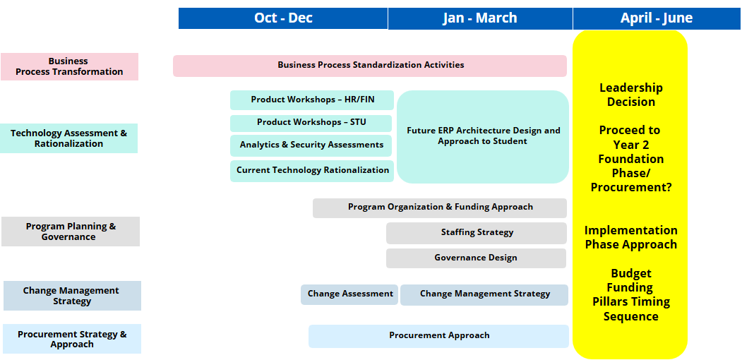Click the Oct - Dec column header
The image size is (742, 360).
pyautogui.click(x=283, y=18)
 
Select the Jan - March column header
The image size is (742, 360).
pyautogui.click(x=480, y=18)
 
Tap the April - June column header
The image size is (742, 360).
pyautogui.click(x=657, y=18)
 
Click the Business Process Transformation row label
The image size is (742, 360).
pyautogui.click(x=70, y=66)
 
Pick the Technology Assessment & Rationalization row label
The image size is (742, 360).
pyautogui.click(x=69, y=138)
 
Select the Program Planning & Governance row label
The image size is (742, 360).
pyautogui.click(x=71, y=232)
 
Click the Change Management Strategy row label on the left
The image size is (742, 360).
pyautogui.click(x=72, y=296)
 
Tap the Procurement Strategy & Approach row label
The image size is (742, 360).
pyautogui.click(x=72, y=339)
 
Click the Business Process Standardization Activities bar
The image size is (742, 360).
pyautogui.click(x=369, y=66)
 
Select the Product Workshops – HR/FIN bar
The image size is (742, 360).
pyautogui.click(x=312, y=100)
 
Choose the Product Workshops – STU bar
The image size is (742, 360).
pyautogui.click(x=311, y=123)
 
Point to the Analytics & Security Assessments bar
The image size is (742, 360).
pyautogui.click(x=311, y=145)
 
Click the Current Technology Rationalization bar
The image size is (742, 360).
pyautogui.click(x=312, y=171)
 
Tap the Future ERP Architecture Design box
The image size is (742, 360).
pyautogui.click(x=483, y=137)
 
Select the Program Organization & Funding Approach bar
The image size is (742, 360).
pyautogui.click(x=440, y=208)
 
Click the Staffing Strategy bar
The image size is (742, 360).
pyautogui.click(x=477, y=233)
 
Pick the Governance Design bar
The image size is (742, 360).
pyautogui.click(x=476, y=258)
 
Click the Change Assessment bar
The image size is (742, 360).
pyautogui.click(x=349, y=294)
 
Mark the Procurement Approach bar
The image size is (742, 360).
pyautogui.click(x=438, y=336)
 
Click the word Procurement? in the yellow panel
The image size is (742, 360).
pyautogui.click(x=631, y=187)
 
